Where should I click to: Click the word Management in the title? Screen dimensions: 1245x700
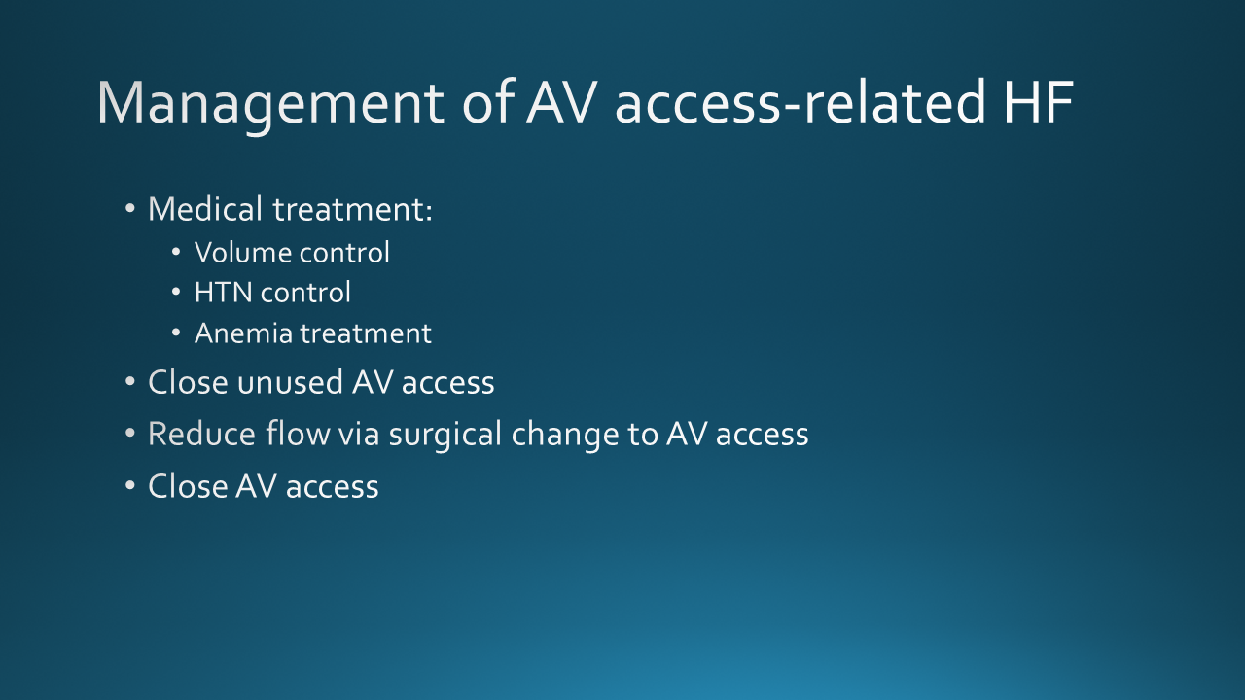pos(270,104)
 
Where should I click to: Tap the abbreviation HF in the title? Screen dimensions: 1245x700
pos(1038,102)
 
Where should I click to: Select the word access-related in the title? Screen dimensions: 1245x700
pos(800,102)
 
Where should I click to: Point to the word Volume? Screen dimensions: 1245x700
pos(243,252)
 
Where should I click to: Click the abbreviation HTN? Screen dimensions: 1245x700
pos(223,293)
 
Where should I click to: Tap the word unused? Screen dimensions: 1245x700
pos(290,382)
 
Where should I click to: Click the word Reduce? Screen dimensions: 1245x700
pos(201,434)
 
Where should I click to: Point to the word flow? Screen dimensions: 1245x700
pos(298,434)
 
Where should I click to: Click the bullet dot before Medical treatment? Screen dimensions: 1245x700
pos(130,209)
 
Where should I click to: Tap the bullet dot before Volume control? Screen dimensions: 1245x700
pos(176,252)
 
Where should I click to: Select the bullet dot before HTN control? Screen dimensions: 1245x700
pos(176,292)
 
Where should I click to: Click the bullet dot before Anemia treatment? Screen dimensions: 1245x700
pos(176,332)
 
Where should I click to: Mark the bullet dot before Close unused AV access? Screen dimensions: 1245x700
pos(130,382)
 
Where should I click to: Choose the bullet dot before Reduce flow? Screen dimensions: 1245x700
pos(130,434)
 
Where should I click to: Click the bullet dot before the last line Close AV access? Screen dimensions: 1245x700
pos(130,485)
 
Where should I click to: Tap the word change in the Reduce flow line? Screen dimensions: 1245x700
pos(565,435)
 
